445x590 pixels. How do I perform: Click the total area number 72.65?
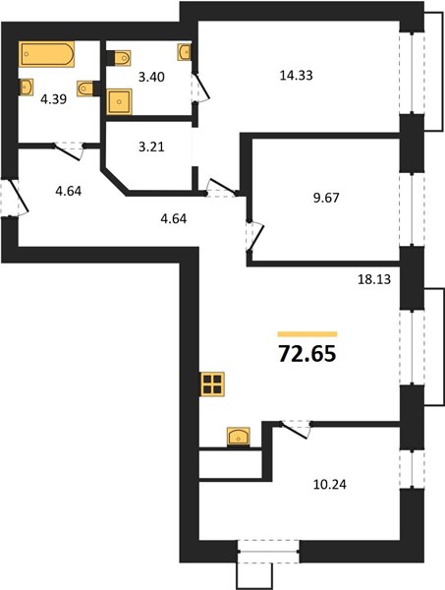(x=307, y=354)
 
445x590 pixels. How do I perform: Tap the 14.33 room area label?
(x=296, y=76)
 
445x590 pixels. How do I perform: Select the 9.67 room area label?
(x=326, y=198)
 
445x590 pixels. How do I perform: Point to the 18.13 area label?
(x=374, y=279)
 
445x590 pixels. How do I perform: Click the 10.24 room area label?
(x=330, y=484)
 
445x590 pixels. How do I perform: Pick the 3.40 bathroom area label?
(x=151, y=77)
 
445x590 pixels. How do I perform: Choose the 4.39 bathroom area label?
(x=54, y=99)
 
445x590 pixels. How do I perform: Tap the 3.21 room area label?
(x=151, y=147)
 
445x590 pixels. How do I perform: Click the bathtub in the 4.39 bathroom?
(x=46, y=54)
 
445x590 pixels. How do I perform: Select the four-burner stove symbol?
(x=213, y=384)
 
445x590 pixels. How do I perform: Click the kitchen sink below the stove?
(x=239, y=437)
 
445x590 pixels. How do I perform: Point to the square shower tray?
(x=119, y=101)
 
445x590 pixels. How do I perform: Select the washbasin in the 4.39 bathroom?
(x=26, y=88)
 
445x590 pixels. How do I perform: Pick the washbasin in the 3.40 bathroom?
(x=184, y=52)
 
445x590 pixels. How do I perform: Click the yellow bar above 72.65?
(x=307, y=333)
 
